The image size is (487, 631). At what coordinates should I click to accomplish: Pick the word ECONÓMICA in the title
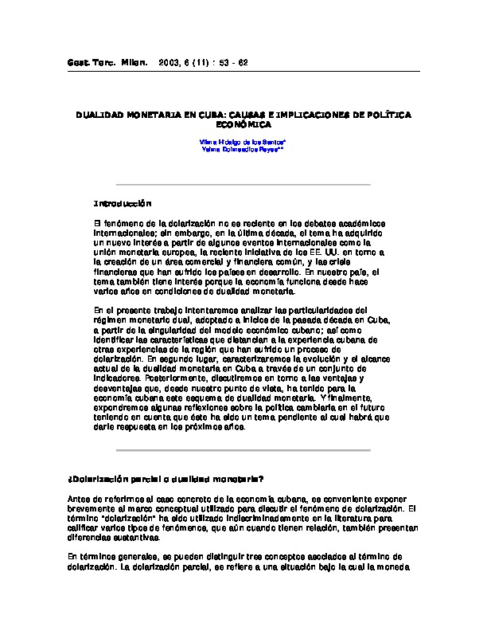pyautogui.click(x=243, y=125)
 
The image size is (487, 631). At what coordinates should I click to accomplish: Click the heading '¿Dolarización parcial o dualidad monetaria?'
pyautogui.click(x=166, y=479)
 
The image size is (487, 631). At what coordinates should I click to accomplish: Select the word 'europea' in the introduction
pyautogui.click(x=185, y=251)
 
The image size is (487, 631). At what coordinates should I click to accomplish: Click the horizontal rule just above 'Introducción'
pyautogui.click(x=243, y=185)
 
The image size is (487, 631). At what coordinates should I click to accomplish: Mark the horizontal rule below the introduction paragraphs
pyautogui.click(x=243, y=450)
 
